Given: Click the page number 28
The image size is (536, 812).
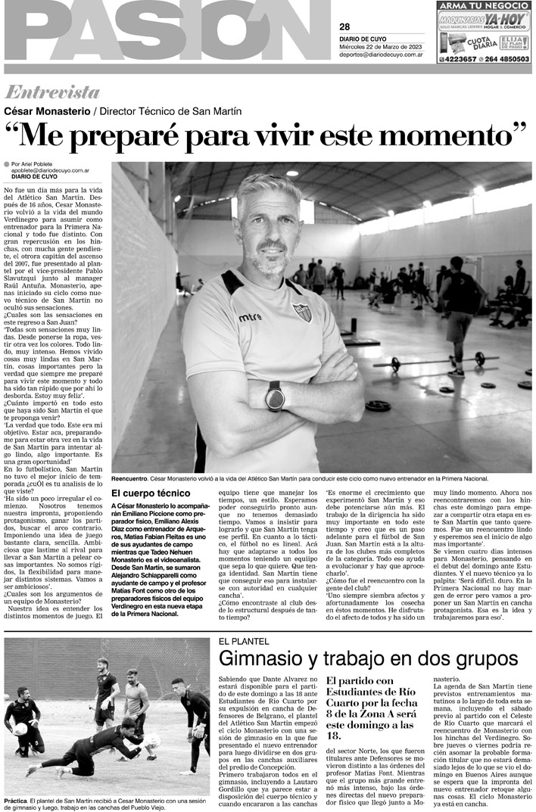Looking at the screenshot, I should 344,27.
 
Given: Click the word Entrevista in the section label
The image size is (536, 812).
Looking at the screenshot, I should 52,92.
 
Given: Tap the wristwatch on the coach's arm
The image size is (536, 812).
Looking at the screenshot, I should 274,395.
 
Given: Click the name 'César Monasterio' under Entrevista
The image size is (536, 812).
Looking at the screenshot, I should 45,110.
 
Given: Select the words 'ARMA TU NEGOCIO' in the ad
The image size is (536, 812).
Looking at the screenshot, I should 485,5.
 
